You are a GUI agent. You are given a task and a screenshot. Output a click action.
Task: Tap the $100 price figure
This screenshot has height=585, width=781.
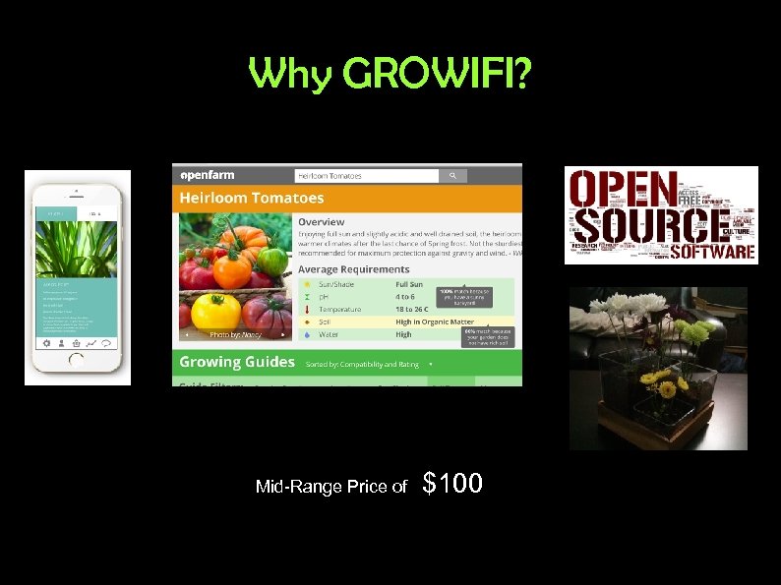(452, 483)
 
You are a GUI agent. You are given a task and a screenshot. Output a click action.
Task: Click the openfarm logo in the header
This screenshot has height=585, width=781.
(207, 175)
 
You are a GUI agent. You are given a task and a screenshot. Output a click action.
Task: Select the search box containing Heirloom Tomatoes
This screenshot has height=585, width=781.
(367, 176)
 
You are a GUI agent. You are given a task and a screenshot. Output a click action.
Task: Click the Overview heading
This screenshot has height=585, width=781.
(322, 222)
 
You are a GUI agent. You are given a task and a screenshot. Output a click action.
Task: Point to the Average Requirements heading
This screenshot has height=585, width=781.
(354, 268)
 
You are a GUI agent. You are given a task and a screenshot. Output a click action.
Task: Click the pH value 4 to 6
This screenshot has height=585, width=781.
(406, 297)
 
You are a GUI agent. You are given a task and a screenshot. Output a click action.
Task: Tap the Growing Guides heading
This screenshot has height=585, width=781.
(237, 362)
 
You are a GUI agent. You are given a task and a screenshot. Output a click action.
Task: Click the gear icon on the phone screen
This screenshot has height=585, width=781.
(45, 343)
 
